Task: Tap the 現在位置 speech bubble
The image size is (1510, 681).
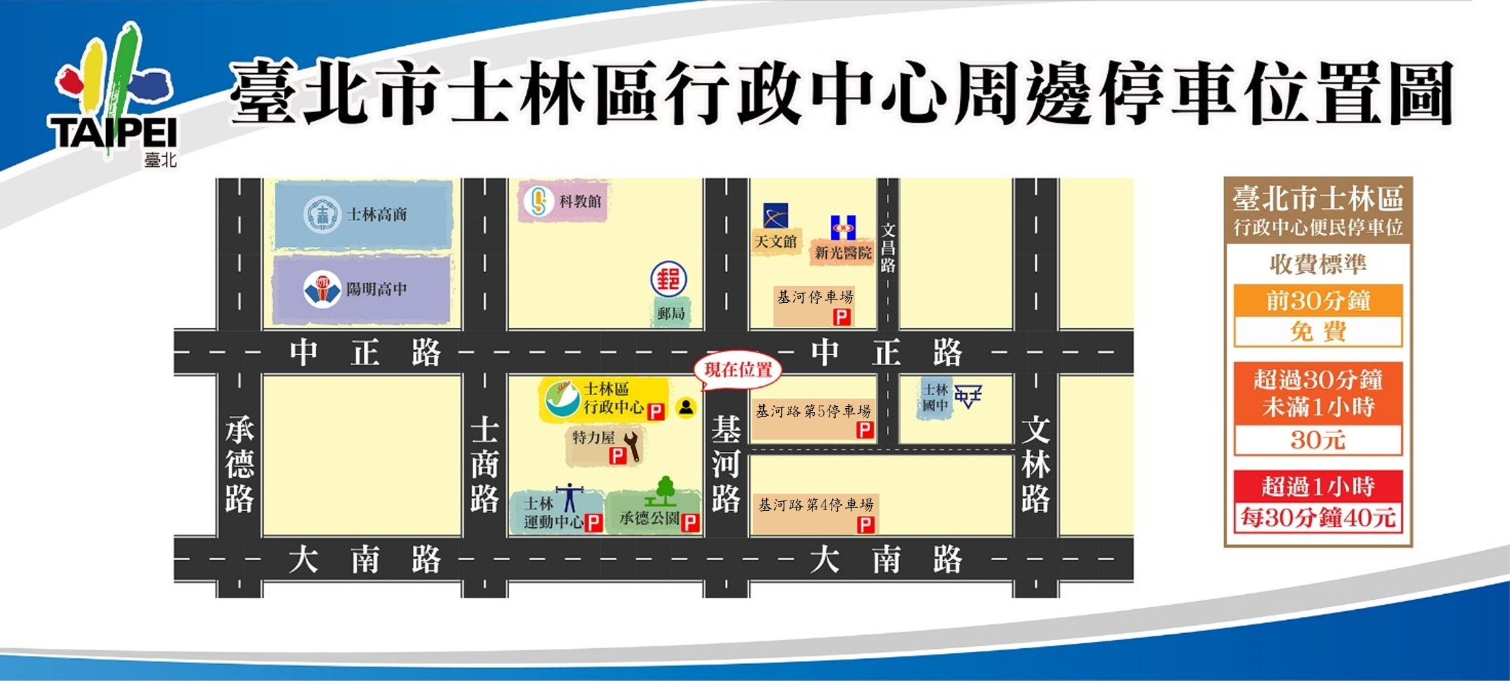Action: point(737,370)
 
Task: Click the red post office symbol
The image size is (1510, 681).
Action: point(668,279)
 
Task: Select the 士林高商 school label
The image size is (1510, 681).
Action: point(376,215)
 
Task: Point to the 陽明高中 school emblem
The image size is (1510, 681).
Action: point(321,290)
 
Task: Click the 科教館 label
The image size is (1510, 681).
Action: point(580,202)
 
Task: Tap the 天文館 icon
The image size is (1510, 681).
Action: point(776,216)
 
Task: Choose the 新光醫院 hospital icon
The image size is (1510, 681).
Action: point(843,228)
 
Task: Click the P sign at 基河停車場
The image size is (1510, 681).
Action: point(841,317)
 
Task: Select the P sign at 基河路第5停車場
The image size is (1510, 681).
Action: point(864,429)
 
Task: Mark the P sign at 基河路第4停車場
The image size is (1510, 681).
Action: point(865,524)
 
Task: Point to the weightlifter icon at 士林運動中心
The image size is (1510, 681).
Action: point(569,498)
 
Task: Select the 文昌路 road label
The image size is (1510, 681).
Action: point(888,248)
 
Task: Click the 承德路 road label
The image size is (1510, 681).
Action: point(239,465)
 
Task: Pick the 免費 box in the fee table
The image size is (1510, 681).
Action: point(1318,332)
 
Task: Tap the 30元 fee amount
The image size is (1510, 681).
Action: point(1318,440)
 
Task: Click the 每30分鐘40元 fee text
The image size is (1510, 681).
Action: point(1318,518)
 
